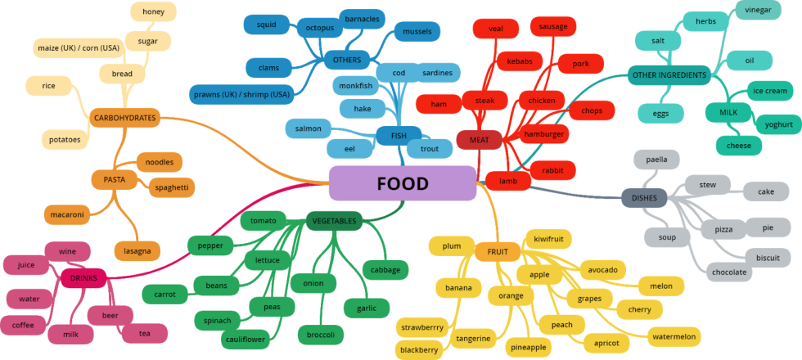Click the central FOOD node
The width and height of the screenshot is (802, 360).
402,183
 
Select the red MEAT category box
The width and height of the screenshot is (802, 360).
479,140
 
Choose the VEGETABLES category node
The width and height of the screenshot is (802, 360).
334,221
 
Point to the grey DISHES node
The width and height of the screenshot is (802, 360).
644,198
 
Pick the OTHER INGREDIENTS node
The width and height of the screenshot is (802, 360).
669,76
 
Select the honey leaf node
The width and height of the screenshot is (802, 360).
153,12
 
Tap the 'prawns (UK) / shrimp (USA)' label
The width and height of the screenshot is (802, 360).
241,95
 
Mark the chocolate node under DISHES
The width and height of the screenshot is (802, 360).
728,272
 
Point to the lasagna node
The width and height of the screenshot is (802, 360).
137,251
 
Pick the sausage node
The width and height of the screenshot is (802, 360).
553,26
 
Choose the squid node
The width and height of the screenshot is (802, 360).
267,25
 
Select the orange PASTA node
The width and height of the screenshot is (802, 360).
114,179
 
